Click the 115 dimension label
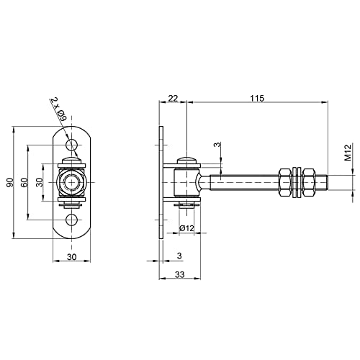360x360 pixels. [x=257, y=98]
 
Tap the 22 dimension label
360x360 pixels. [x=173, y=98]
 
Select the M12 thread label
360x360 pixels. [x=348, y=152]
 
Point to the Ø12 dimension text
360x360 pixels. [x=186, y=228]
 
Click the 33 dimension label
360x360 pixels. [x=179, y=274]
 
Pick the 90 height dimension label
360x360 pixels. [x=10, y=182]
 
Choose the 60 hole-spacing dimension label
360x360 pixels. [x=24, y=182]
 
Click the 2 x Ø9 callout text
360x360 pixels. [x=59, y=109]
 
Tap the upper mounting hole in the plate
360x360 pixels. [x=72, y=145]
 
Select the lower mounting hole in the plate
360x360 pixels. [x=72, y=220]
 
